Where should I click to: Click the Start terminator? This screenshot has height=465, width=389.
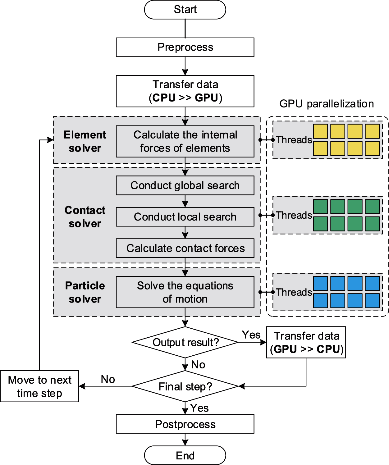(x=185, y=10)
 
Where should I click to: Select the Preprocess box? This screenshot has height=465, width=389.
(x=185, y=47)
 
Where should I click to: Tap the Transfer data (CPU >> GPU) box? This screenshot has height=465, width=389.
(x=185, y=91)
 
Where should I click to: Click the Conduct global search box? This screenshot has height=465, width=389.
(x=185, y=185)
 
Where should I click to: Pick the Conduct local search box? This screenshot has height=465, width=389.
(x=185, y=217)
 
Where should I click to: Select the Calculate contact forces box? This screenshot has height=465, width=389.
(x=185, y=248)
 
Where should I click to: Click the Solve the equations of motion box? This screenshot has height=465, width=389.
(x=185, y=292)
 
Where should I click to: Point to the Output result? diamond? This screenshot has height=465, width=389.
(x=185, y=342)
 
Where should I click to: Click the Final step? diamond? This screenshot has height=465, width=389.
(x=185, y=386)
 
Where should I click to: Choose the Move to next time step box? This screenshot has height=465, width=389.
(x=39, y=386)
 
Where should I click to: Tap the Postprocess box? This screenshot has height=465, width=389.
(x=185, y=424)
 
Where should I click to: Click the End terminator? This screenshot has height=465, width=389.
(x=185, y=455)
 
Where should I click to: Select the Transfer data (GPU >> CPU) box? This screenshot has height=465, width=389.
(x=306, y=342)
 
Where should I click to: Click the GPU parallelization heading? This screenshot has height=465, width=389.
(x=327, y=104)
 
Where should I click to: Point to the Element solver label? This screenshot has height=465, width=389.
(x=85, y=141)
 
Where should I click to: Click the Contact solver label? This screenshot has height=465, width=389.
(x=85, y=217)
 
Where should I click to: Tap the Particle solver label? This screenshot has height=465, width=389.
(x=85, y=292)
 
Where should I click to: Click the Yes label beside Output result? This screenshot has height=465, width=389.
(x=251, y=335)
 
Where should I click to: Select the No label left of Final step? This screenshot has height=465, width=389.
(x=108, y=379)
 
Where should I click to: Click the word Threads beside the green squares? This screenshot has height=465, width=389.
(x=294, y=215)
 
